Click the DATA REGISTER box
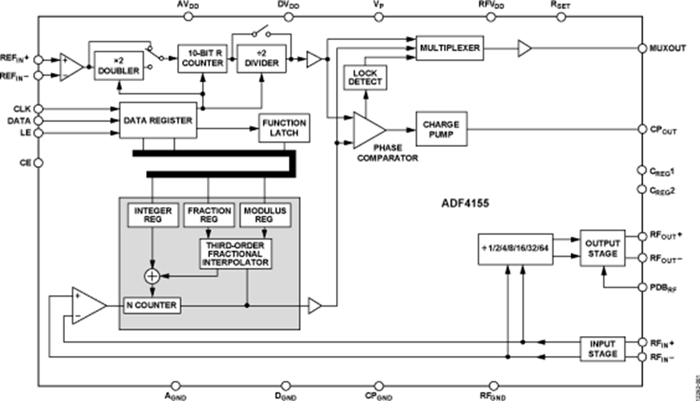click(157, 120)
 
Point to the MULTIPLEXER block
click(448, 49)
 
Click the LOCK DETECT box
click(366, 78)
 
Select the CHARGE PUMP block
click(440, 128)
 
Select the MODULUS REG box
click(265, 216)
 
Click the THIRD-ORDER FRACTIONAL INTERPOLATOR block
click(237, 253)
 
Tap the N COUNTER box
click(152, 306)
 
